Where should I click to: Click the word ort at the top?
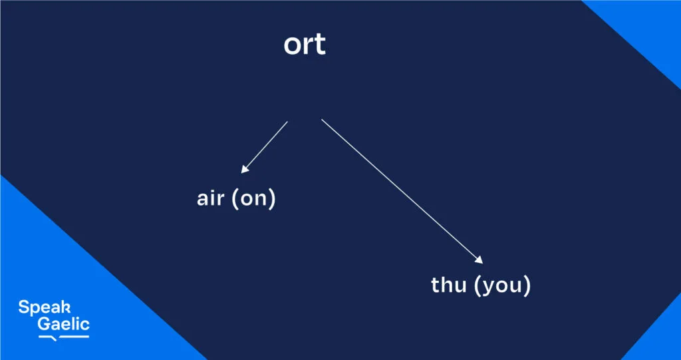[x=305, y=45]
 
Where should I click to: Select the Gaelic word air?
[x=211, y=200]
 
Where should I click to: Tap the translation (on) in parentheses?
[x=253, y=200]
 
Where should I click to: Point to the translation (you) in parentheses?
[x=503, y=285]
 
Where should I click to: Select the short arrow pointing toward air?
[x=265, y=147]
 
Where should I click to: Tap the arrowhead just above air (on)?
[x=244, y=170]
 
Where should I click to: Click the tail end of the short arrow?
[x=287, y=122]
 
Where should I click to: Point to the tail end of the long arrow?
[x=323, y=120]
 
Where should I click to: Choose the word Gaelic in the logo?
[x=63, y=325]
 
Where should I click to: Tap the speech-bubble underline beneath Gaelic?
[x=64, y=337]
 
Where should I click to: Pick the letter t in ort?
[x=320, y=45]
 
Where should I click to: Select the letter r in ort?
[x=307, y=45]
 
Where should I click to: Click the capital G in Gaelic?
[x=45, y=325]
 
